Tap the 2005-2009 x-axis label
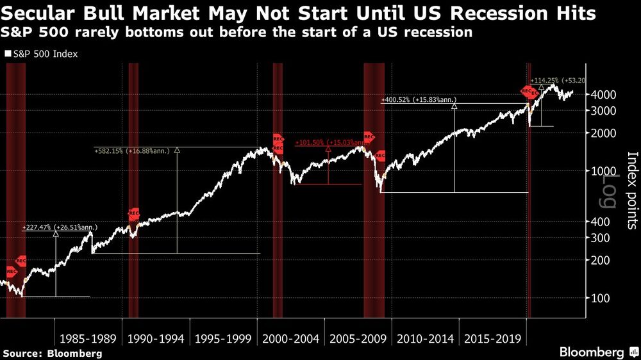click(x=356, y=338)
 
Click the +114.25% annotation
click(x=545, y=80)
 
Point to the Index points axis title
click(x=631, y=190)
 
